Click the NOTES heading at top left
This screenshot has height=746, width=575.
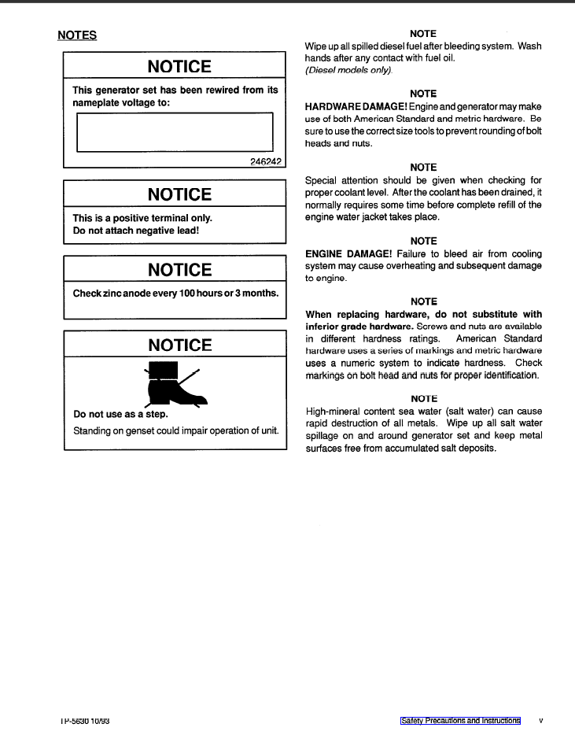pos(77,35)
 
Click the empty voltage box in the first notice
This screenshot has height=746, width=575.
pos(175,131)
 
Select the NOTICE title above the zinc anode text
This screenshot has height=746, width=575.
pos(180,270)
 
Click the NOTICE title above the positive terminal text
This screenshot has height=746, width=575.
pos(180,194)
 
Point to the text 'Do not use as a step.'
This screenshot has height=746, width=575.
pos(120,414)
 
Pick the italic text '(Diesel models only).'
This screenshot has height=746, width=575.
pos(348,70)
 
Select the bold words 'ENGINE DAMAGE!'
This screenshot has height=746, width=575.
pos(348,253)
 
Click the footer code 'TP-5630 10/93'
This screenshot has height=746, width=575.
pos(84,720)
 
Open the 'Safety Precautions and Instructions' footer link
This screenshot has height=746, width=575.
pos(460,720)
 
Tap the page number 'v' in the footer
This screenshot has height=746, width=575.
pos(540,720)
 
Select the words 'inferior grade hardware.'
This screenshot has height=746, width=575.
pos(359,326)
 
